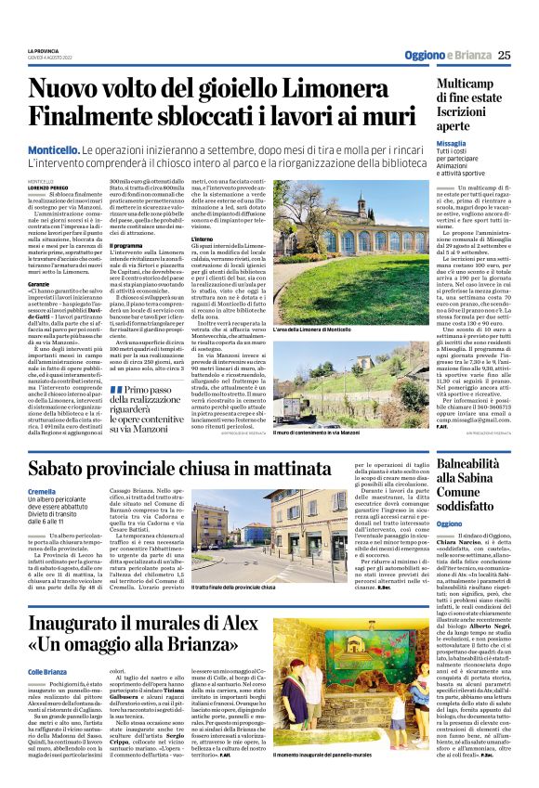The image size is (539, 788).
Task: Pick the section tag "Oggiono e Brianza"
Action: tap(446, 54)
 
